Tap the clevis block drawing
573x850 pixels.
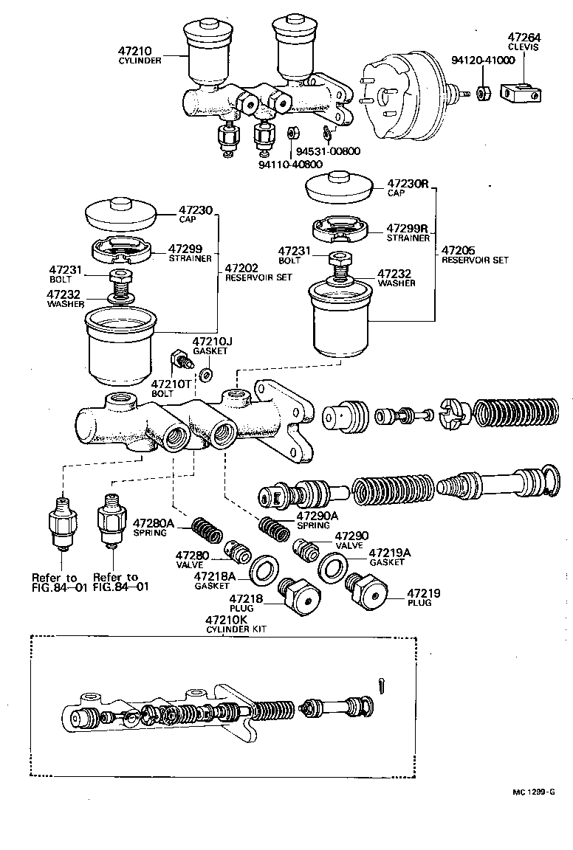click(521, 94)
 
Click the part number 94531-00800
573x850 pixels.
click(328, 151)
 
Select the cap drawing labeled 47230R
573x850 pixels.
click(341, 187)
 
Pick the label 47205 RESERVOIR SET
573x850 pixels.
click(474, 255)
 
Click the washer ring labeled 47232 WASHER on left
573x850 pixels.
click(118, 297)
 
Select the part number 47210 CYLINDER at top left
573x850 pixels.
click(140, 55)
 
